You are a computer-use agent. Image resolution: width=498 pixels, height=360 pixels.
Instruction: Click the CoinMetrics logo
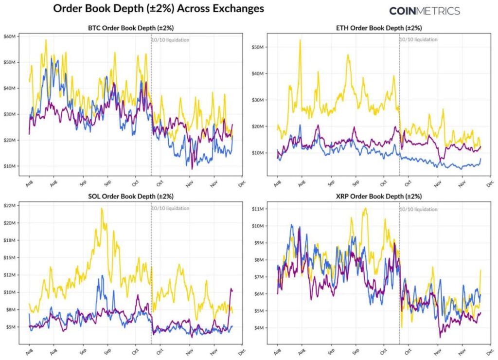(x=424, y=11)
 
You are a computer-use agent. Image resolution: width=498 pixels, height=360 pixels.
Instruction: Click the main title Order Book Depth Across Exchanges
(x=158, y=9)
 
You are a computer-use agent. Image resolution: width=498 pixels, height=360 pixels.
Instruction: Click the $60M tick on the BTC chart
(x=11, y=36)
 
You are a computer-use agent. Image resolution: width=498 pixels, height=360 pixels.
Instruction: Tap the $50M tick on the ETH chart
(x=258, y=47)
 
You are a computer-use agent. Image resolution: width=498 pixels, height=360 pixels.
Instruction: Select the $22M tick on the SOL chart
(x=11, y=205)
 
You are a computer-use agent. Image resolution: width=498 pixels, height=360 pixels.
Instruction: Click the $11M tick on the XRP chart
(x=258, y=209)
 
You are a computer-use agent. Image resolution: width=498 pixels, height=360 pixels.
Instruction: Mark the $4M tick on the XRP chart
(x=260, y=328)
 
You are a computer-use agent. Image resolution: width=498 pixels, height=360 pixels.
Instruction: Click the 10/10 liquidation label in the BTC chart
(x=170, y=40)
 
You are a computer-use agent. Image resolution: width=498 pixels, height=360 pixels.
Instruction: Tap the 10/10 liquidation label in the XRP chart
(x=418, y=209)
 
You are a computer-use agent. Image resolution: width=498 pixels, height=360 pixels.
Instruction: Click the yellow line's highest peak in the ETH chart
(x=300, y=40)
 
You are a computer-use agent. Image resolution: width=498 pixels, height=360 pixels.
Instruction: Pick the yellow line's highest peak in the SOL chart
(x=102, y=209)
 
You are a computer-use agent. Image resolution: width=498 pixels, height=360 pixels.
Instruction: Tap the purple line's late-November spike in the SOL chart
(x=231, y=289)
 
